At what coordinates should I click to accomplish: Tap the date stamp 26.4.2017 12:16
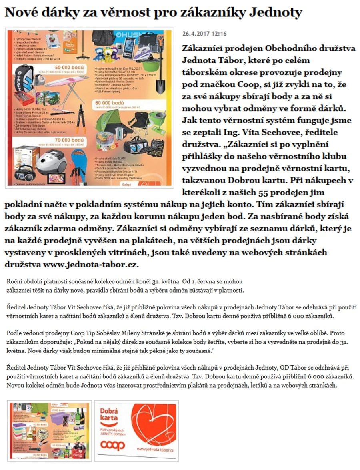pyautogui.click(x=204, y=34)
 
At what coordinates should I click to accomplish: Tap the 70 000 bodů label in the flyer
pyautogui.click(x=69, y=140)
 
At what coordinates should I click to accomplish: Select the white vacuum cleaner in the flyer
pyautogui.click(x=52, y=161)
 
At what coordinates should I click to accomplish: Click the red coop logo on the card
pyautogui.click(x=112, y=444)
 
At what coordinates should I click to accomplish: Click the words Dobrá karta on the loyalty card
pyautogui.click(x=109, y=414)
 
